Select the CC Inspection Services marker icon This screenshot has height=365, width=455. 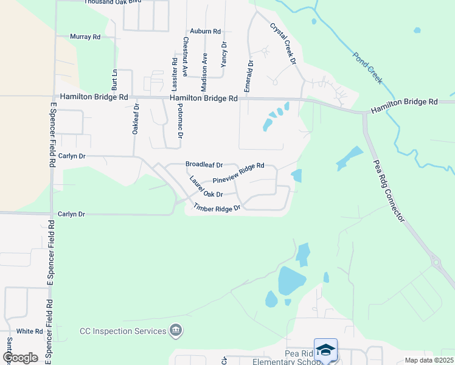click(176, 331)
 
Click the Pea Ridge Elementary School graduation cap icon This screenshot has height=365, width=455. click(325, 349)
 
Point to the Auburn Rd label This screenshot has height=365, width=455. click(205, 31)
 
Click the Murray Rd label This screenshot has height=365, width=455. click(85, 37)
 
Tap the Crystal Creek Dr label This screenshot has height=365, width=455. click(282, 43)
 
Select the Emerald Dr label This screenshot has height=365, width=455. click(249, 76)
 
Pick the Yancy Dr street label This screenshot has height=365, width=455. click(224, 54)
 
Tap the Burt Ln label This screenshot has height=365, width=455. click(114, 79)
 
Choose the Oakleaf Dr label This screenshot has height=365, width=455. click(136, 119)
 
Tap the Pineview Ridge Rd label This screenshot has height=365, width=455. click(238, 173)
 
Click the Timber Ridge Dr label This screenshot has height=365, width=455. click(218, 207)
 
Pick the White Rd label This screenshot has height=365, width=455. click(30, 332)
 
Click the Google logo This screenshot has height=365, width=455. click(21, 357)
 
